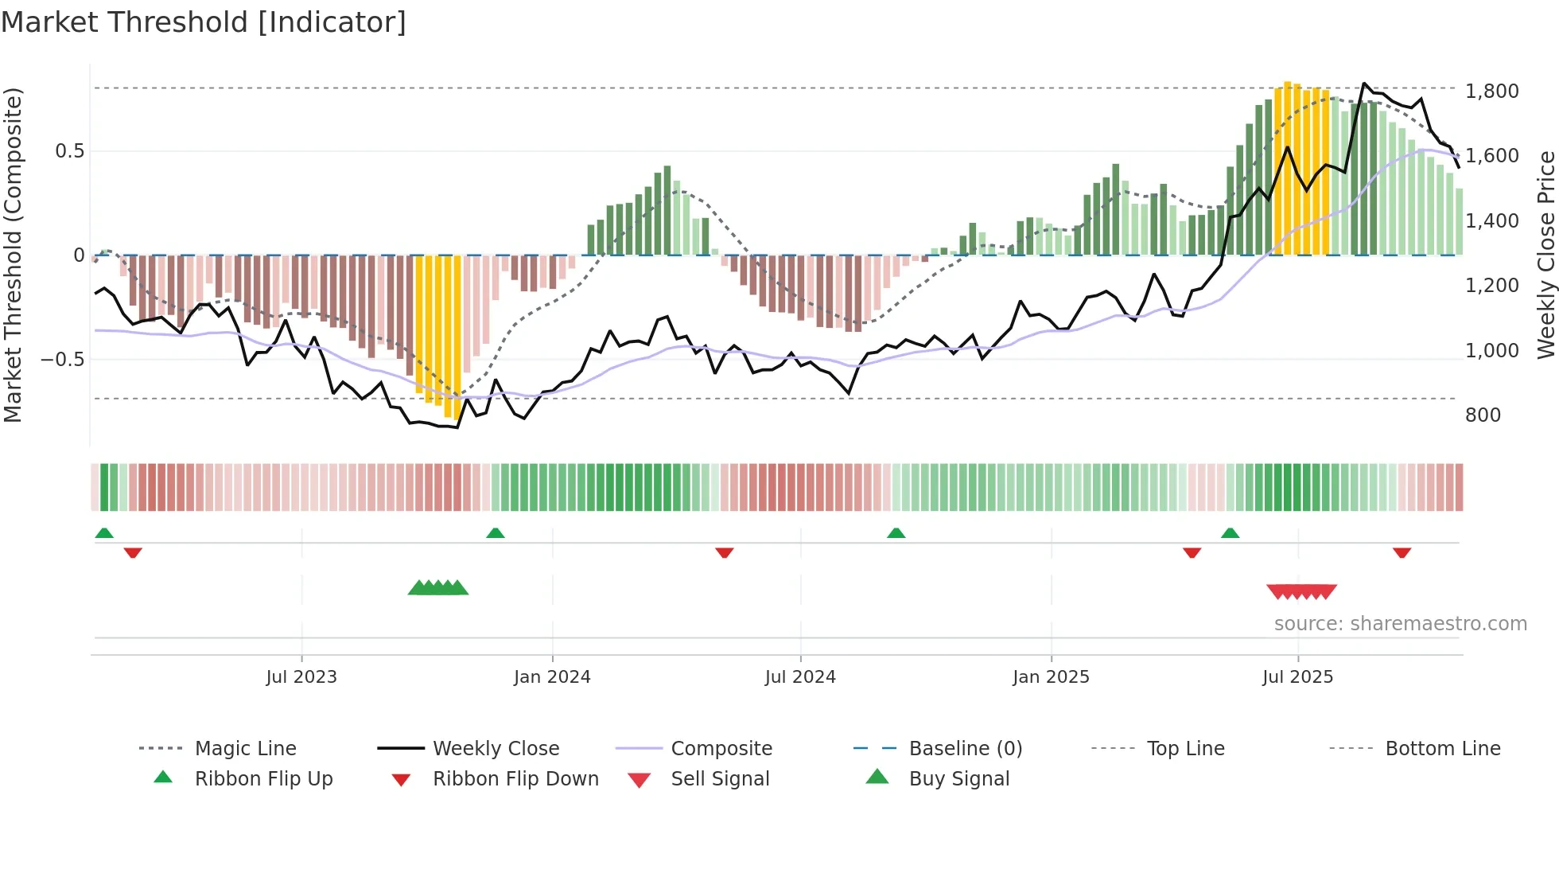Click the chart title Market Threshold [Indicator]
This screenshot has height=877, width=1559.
(204, 22)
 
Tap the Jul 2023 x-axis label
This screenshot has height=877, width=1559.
(301, 677)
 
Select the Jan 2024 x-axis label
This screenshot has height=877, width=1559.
(552, 677)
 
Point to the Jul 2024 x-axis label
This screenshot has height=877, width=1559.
(800, 677)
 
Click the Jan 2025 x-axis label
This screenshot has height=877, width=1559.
(1051, 677)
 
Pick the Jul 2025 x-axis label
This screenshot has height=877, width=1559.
(1297, 677)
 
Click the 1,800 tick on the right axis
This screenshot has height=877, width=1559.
(1491, 92)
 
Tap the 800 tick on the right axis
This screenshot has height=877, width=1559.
(1483, 415)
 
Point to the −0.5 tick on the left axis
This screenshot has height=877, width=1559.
(63, 360)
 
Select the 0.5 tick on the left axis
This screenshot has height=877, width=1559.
(69, 151)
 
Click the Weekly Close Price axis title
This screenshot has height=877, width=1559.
(1545, 255)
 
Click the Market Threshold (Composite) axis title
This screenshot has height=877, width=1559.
(13, 255)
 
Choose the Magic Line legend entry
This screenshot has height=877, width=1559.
(245, 749)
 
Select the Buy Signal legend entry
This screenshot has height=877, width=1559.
(958, 779)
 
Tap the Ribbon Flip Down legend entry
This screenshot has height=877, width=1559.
(515, 779)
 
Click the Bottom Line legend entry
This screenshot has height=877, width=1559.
(1442, 749)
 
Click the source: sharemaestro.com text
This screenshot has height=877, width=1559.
(1400, 624)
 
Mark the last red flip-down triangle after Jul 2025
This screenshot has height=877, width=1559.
(1402, 552)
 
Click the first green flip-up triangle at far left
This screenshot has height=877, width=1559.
(104, 533)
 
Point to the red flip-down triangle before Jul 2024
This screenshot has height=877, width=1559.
(724, 552)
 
